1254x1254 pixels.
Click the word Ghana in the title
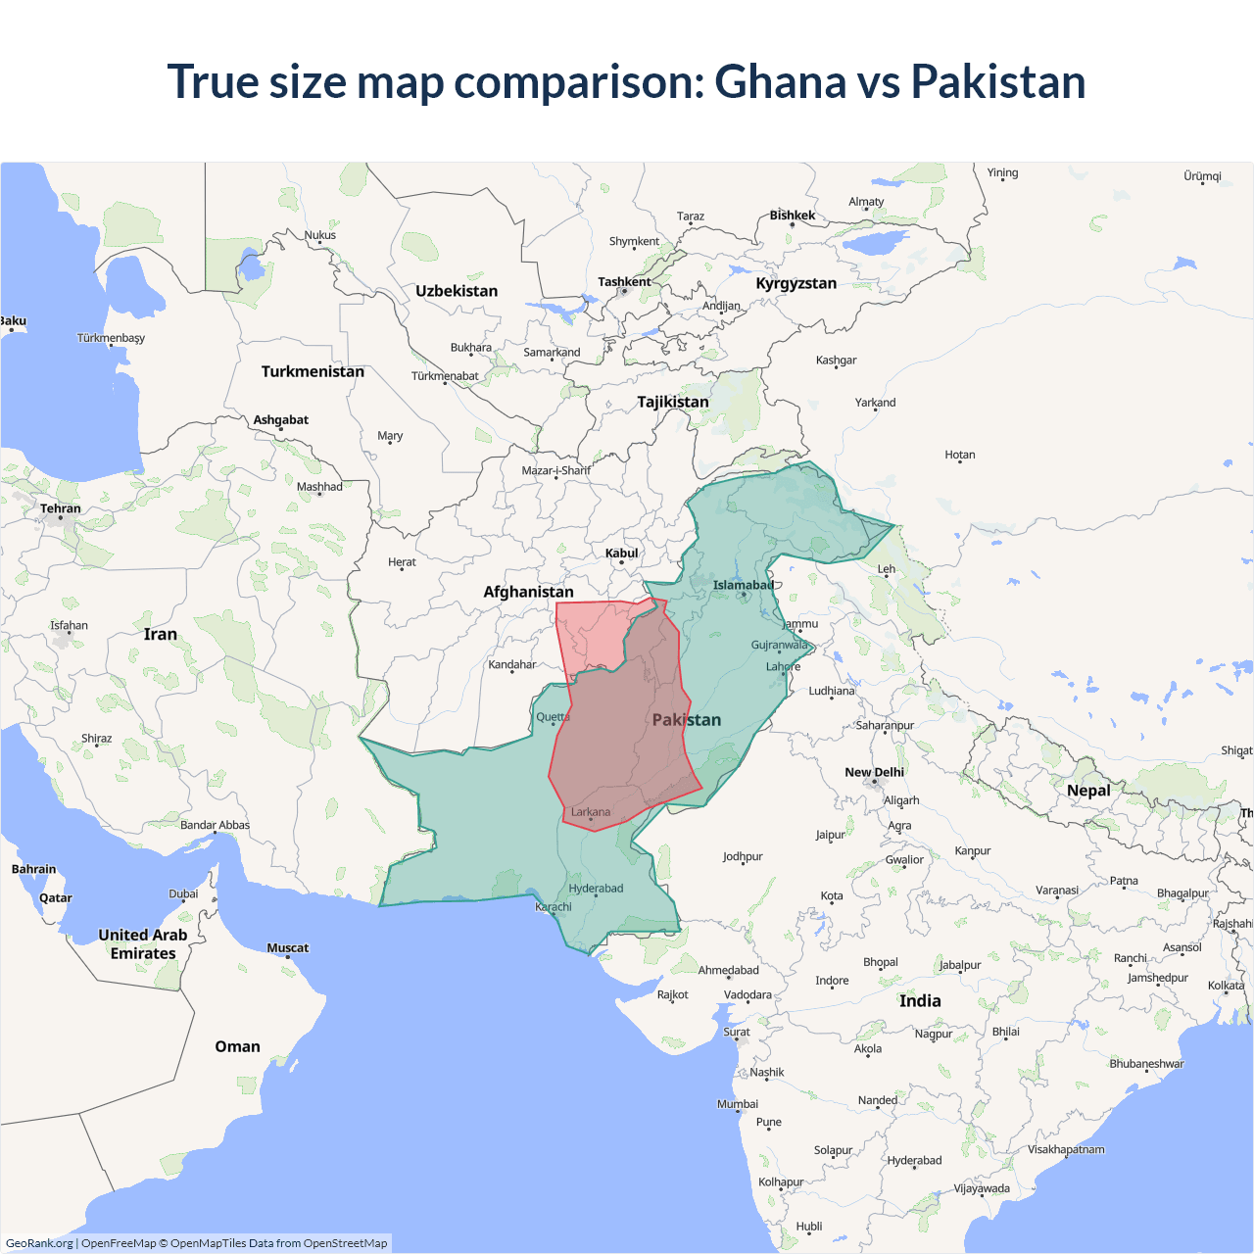pos(780,81)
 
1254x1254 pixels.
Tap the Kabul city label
pos(621,554)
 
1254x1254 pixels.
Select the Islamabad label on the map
pos(743,585)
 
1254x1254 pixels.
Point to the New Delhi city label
pos(874,772)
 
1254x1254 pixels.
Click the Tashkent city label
pos(624,282)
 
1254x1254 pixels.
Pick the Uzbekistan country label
pos(457,291)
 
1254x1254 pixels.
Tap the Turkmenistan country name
pos(313,371)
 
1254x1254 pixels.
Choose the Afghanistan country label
pos(528,592)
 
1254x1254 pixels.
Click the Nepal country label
pos(1088,791)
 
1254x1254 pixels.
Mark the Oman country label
pos(237,1046)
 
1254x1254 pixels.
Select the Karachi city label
pos(554,906)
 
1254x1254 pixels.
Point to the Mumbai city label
pos(737,1104)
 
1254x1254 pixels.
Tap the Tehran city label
pos(61,508)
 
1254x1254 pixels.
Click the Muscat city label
pos(287,947)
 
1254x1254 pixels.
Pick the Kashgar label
pos(836,361)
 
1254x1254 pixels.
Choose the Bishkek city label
pos(792,216)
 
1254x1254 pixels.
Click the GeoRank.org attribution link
pos(39,1243)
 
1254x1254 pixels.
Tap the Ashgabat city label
pos(280,420)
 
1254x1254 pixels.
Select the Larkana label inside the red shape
pos(591,812)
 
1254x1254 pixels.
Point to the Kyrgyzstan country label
pos(796,283)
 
